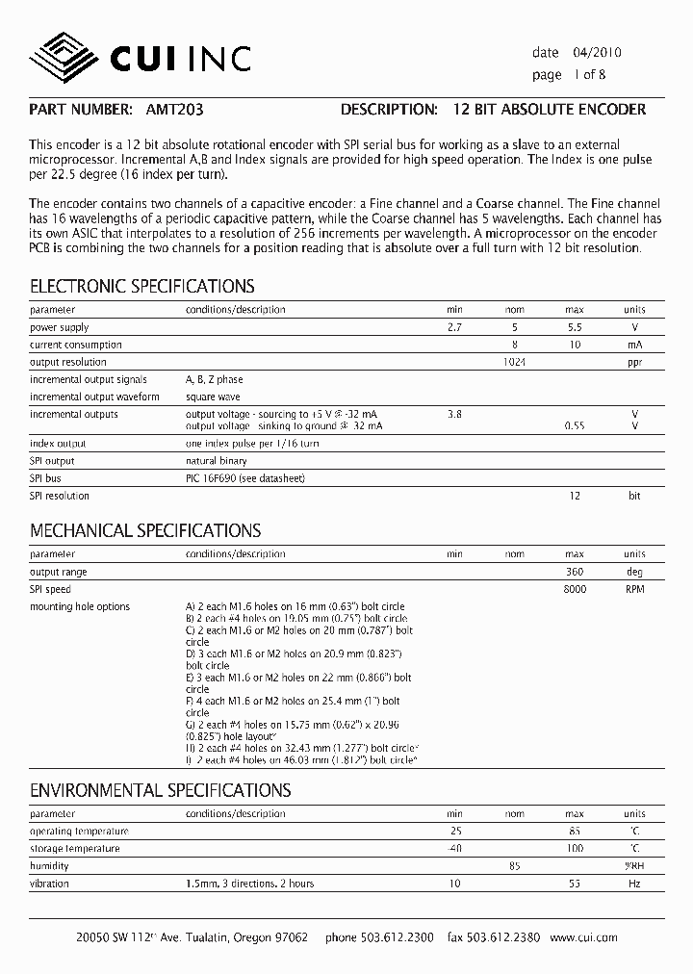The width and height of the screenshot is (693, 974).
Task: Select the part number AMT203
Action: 174,110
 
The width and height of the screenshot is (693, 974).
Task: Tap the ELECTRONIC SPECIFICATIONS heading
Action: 142,286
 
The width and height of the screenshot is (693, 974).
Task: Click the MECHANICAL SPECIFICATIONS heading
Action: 145,530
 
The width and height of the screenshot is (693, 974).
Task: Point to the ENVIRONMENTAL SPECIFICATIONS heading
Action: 160,790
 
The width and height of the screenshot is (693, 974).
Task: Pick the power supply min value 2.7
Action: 454,327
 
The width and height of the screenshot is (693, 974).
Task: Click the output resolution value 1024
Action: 515,362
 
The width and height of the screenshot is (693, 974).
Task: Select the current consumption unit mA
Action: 634,345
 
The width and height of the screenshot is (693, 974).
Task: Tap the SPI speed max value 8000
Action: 575,589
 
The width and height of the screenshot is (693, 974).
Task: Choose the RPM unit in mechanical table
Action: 634,589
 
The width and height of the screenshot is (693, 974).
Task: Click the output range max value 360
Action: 575,572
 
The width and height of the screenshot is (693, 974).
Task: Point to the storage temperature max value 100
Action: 575,849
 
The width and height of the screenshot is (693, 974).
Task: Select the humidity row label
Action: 49,866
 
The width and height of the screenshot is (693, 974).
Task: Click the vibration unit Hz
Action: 634,884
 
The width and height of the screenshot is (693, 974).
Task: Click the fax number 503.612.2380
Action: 504,937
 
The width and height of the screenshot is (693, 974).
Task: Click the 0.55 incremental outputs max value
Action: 575,425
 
